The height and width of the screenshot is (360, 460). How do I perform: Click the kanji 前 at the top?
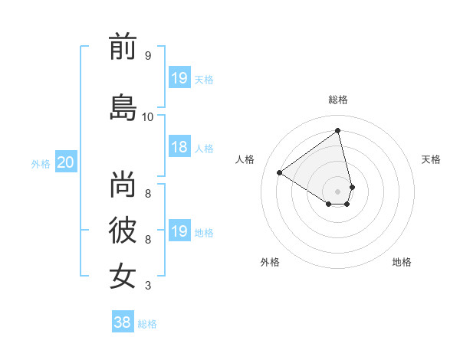pyautogui.click(x=123, y=47)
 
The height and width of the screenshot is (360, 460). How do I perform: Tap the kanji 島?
pyautogui.click(x=123, y=107)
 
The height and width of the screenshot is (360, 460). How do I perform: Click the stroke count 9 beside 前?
pyautogui.click(x=147, y=56)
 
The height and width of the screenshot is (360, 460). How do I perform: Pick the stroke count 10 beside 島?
pyautogui.click(x=147, y=116)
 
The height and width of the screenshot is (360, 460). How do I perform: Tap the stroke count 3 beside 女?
pyautogui.click(x=147, y=286)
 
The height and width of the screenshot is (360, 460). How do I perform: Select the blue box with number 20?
pyautogui.click(x=66, y=162)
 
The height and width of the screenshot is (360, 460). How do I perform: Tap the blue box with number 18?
pyautogui.click(x=179, y=147)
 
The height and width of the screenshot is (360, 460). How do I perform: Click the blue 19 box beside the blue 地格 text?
pyautogui.click(x=179, y=231)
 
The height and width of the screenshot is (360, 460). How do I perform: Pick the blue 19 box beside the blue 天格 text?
pyautogui.click(x=179, y=78)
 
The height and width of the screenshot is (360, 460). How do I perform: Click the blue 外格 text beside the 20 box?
pyautogui.click(x=41, y=163)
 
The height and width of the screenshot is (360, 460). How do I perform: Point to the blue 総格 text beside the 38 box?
pyautogui.click(x=147, y=324)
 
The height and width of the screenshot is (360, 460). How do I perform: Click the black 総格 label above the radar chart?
pyautogui.click(x=338, y=100)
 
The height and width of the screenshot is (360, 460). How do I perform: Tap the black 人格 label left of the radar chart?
pyautogui.click(x=245, y=159)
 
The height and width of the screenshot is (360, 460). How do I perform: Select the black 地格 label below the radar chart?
pyautogui.click(x=402, y=262)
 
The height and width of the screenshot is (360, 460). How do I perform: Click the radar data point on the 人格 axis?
pyautogui.click(x=280, y=173)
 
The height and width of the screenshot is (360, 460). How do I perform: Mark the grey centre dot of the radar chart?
pyautogui.click(x=338, y=191)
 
